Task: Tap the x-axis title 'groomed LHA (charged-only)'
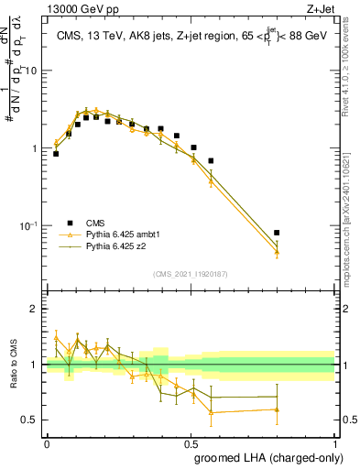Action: click(x=265, y=455)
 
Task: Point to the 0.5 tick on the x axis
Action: click(x=191, y=442)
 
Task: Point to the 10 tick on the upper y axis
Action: click(x=33, y=71)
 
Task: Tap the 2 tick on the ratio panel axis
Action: click(x=34, y=309)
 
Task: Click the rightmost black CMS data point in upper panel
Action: click(x=277, y=233)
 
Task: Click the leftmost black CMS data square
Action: click(x=56, y=154)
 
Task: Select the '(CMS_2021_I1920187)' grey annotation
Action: click(x=191, y=275)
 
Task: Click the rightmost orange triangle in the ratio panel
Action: click(x=277, y=409)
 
